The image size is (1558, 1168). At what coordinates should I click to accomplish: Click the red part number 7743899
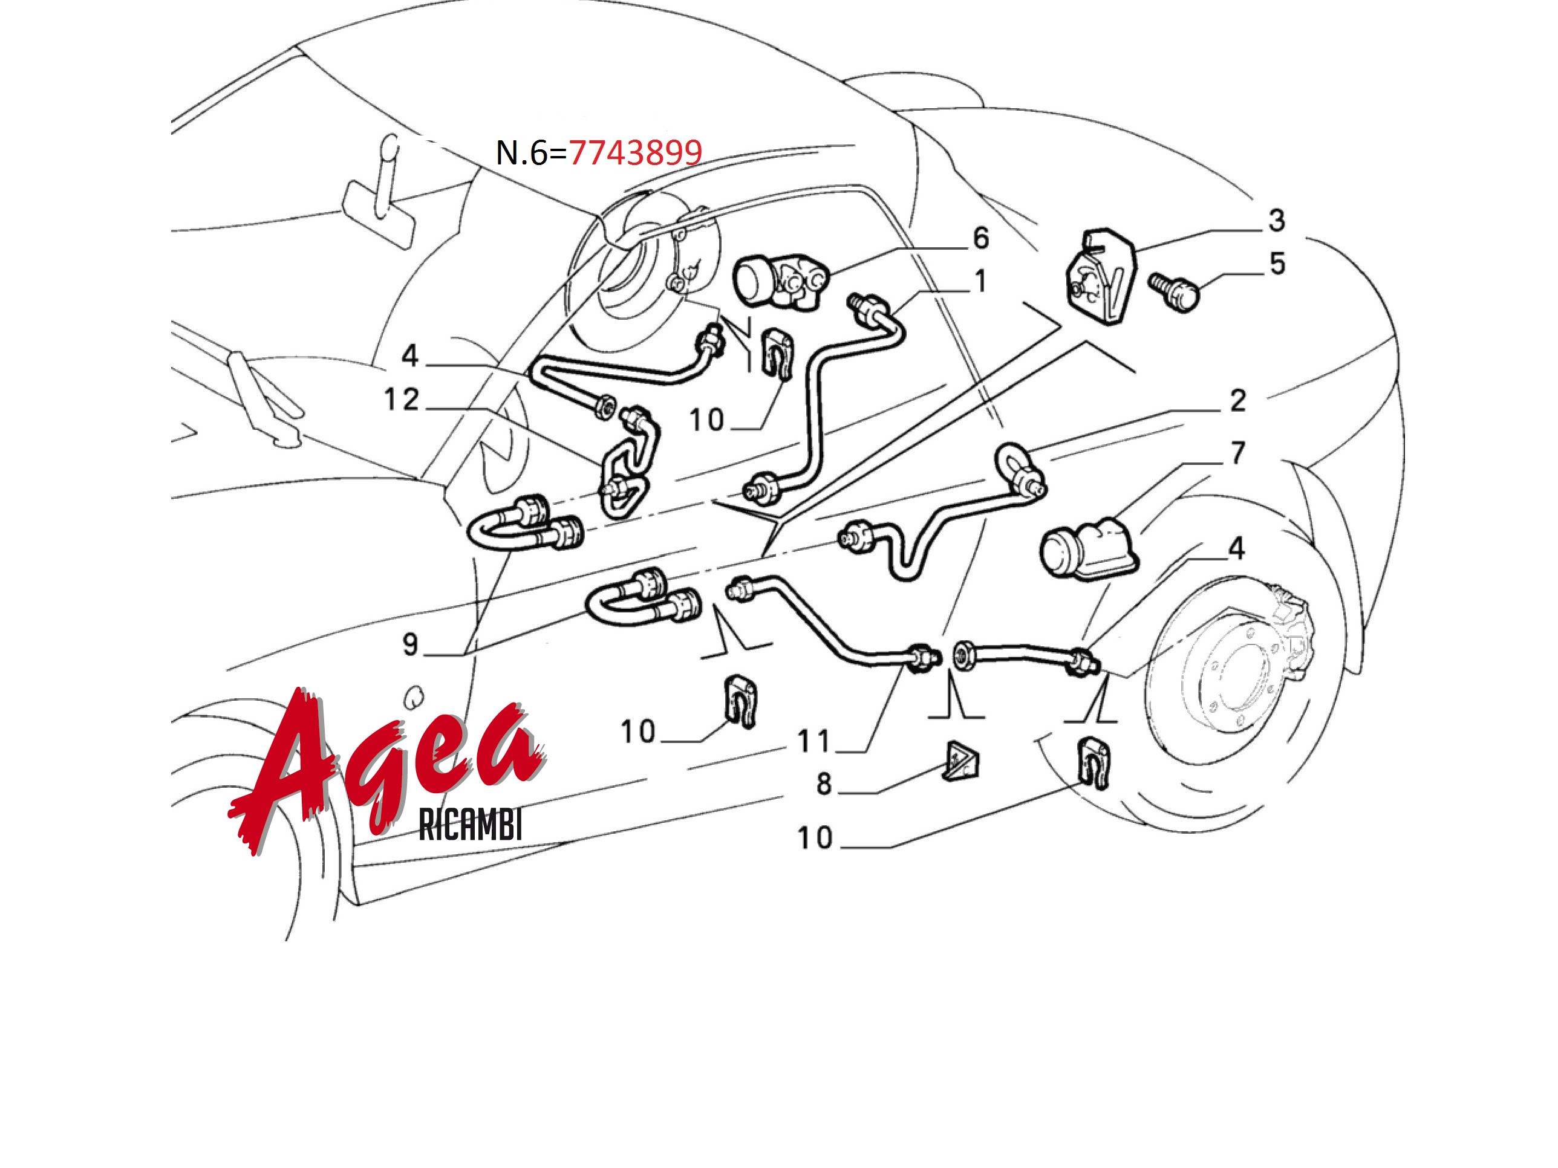(x=635, y=153)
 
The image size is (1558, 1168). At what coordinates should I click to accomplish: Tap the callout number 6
(x=980, y=238)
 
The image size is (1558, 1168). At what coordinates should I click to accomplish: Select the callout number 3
(x=1276, y=221)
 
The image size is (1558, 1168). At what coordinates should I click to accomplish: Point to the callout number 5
(x=1277, y=264)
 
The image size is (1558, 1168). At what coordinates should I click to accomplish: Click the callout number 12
(x=402, y=400)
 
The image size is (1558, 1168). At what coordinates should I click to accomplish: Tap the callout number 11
(x=813, y=741)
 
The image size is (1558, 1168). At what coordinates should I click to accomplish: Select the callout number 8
(x=824, y=784)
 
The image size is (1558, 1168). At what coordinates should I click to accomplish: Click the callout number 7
(x=1237, y=453)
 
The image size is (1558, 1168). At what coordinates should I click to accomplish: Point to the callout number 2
(x=1237, y=401)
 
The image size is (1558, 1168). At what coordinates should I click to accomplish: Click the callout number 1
(x=980, y=281)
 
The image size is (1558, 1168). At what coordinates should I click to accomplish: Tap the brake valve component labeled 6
(x=780, y=281)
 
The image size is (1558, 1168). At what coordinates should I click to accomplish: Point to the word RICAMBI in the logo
(x=471, y=825)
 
